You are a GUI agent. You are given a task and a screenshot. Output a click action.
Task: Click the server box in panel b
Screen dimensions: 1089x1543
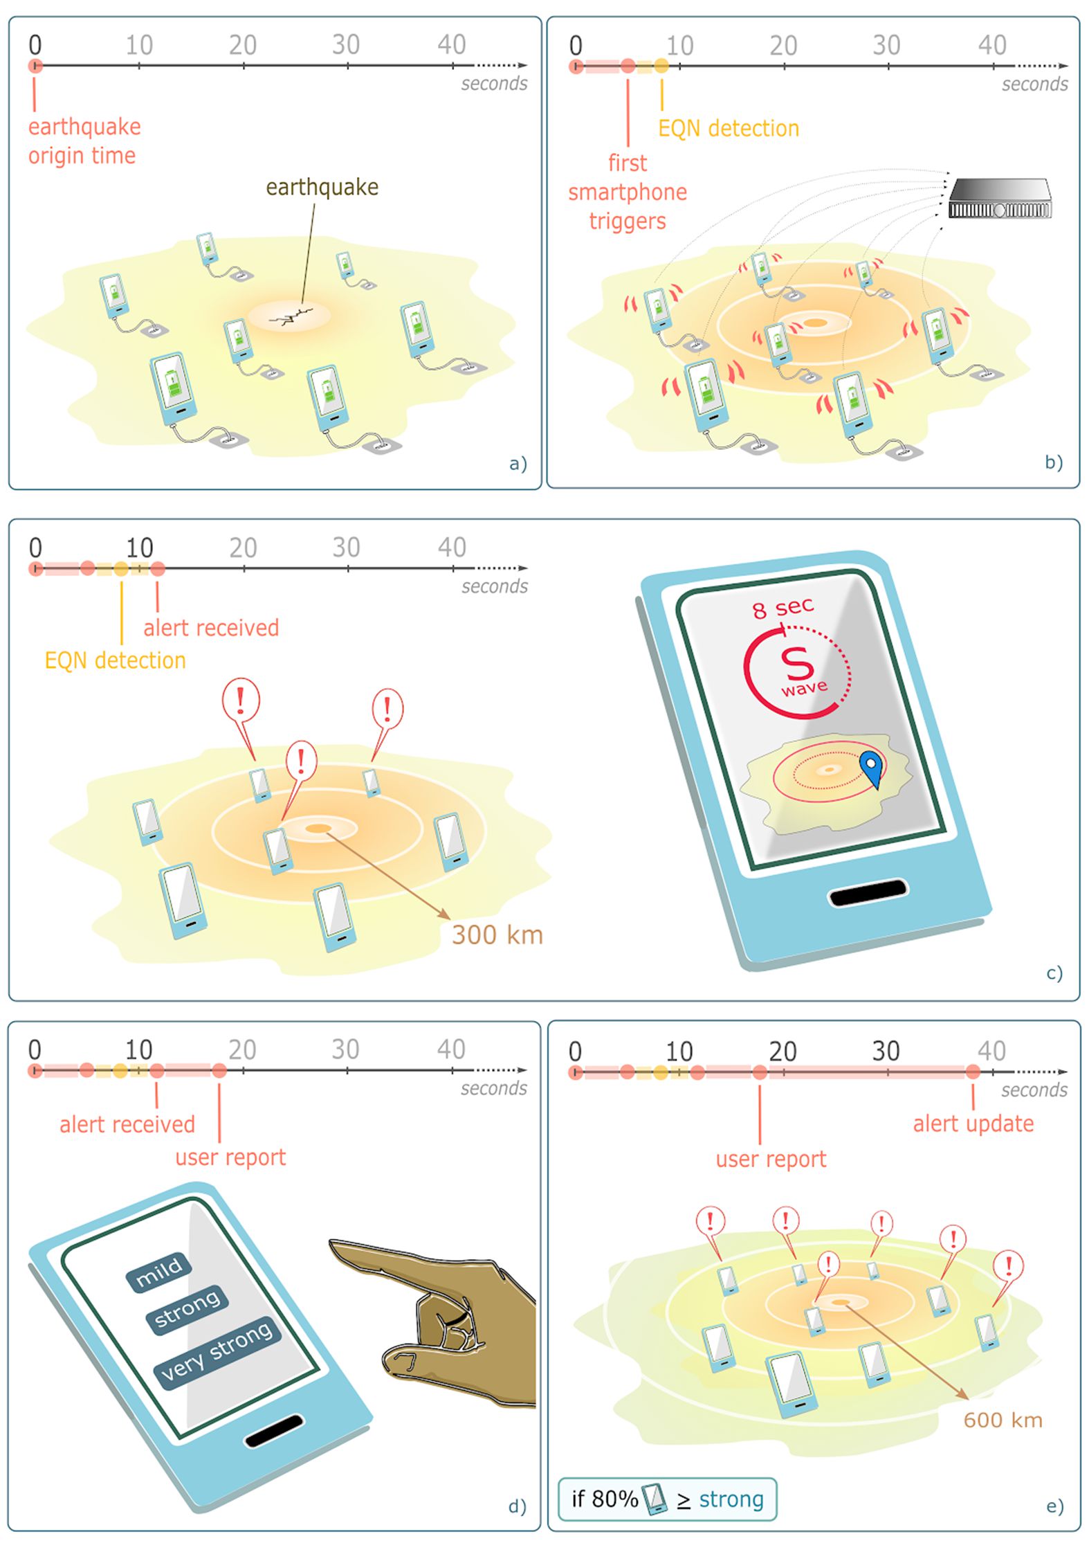1000,199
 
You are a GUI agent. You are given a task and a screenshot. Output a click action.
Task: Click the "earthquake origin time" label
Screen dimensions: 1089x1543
84,141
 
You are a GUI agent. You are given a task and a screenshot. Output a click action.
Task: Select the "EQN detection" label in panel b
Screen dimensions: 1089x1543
729,128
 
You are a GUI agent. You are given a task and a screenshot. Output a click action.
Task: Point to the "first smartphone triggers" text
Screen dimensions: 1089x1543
628,192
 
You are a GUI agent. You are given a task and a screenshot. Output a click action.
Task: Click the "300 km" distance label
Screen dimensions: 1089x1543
497,935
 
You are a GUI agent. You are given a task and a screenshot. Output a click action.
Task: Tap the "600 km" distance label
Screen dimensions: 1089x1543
1003,1420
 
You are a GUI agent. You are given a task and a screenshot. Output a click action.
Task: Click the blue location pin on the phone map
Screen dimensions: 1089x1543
872,768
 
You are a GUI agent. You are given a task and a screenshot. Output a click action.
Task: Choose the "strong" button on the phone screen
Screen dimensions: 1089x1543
187,1308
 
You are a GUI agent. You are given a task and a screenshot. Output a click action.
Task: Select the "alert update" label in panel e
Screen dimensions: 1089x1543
973,1123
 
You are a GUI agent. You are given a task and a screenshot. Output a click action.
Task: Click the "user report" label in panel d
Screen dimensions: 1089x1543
230,1157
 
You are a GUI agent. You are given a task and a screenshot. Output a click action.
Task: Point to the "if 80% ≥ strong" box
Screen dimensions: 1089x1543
668,1499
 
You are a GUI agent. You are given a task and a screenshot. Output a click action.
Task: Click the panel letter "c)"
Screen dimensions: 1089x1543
1054,973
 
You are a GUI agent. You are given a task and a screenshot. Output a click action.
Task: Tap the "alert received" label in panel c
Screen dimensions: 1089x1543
211,627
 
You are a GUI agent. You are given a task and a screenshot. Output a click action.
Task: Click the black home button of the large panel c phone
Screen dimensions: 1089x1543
868,892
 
